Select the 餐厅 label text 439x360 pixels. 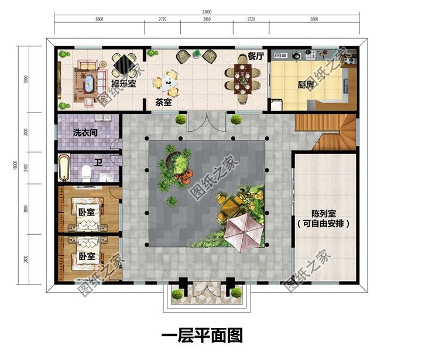(257, 57)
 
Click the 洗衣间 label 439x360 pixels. (85, 133)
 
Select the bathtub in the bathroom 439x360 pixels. (64, 167)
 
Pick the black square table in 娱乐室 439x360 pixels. (124, 63)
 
